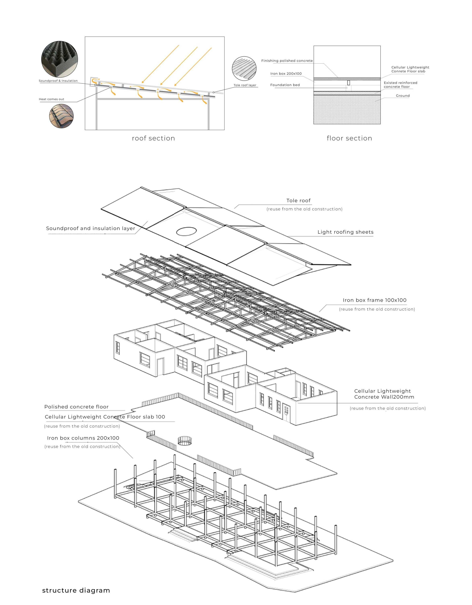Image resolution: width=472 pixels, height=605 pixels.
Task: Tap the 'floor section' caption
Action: [349, 138]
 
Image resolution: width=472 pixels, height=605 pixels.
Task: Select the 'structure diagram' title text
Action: [76, 590]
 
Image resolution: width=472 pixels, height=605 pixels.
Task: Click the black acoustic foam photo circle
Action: [60, 60]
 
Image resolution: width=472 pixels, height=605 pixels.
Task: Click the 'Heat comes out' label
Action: [52, 99]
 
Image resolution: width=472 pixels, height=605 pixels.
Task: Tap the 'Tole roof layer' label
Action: [245, 85]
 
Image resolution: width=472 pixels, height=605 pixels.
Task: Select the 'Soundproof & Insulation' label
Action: [58, 81]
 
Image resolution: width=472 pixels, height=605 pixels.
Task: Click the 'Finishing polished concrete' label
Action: [287, 61]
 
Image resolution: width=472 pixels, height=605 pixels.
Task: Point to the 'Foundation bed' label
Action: [285, 85]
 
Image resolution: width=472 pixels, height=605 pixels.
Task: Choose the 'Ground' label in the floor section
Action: [402, 96]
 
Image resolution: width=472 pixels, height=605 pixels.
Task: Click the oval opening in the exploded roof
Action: [187, 231]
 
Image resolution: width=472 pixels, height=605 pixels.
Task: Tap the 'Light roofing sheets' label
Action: [345, 232]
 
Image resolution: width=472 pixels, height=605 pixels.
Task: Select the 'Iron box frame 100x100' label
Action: [374, 300]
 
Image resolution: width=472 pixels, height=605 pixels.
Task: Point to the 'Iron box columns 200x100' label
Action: [83, 438]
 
